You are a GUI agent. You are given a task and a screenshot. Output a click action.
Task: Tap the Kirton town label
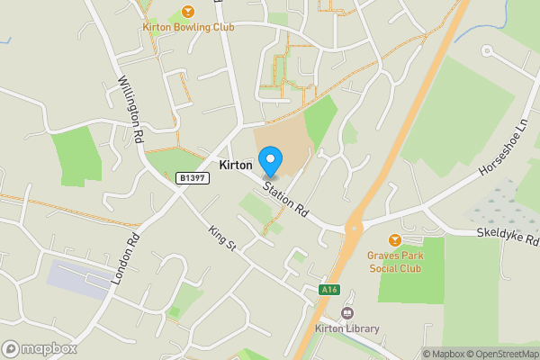point(236,166)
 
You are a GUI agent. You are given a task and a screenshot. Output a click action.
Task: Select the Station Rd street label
point(286,200)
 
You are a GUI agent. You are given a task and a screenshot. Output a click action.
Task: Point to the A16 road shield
point(329,290)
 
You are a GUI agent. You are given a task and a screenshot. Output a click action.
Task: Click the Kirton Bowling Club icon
point(187,11)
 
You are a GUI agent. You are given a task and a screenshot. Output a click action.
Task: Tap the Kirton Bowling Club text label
point(188,27)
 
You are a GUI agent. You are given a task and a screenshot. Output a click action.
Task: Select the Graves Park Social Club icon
point(395,240)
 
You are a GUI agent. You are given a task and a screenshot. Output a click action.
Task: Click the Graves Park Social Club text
point(395,261)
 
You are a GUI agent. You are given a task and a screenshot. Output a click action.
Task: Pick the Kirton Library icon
point(346,313)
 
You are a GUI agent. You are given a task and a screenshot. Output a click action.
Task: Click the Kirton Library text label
point(346,328)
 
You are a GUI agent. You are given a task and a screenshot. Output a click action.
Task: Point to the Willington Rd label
point(131,111)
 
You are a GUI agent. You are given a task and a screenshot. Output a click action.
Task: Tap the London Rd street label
point(125,259)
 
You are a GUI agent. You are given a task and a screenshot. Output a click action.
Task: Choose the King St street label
point(220,238)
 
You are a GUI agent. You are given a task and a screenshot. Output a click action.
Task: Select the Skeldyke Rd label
point(507,236)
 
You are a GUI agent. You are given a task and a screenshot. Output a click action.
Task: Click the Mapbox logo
point(40,348)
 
